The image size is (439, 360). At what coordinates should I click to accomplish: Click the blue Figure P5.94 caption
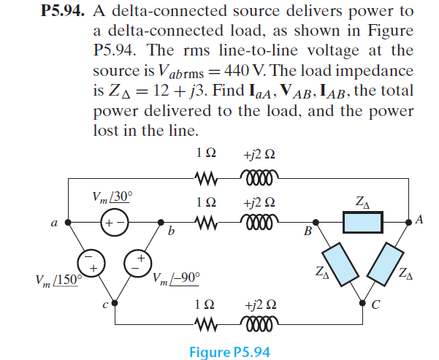tap(229, 352)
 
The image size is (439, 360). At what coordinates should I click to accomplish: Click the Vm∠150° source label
tap(58, 281)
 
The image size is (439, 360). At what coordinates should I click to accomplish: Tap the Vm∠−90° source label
tap(175, 278)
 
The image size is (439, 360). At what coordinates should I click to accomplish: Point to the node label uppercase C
tap(374, 305)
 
